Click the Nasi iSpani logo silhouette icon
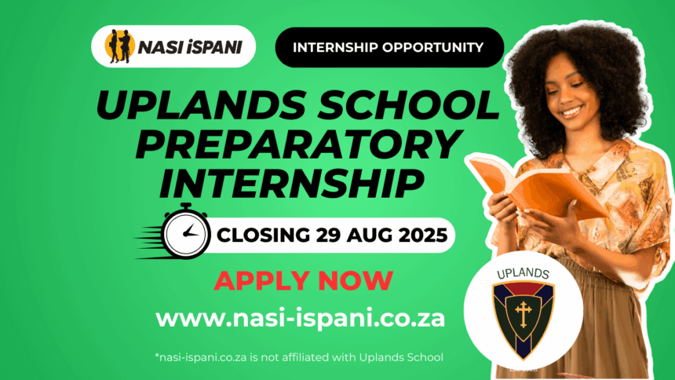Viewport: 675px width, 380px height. click(119, 46)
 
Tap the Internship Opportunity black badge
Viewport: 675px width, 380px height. click(389, 47)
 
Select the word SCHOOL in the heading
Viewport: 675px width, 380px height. click(407, 105)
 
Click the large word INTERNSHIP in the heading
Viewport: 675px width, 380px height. click(291, 183)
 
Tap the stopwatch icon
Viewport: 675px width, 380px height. click(185, 232)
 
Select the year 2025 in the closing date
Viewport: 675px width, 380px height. click(423, 236)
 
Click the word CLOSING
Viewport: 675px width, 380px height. click(263, 236)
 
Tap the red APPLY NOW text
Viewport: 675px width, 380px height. click(304, 280)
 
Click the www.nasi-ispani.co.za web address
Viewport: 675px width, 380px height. click(300, 319)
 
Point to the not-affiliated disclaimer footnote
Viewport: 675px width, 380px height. click(299, 357)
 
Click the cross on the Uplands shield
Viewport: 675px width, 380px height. click(523, 313)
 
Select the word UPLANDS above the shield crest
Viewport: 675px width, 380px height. click(523, 273)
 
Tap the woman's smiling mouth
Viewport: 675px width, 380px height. click(571, 111)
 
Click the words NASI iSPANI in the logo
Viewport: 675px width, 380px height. click(190, 47)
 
